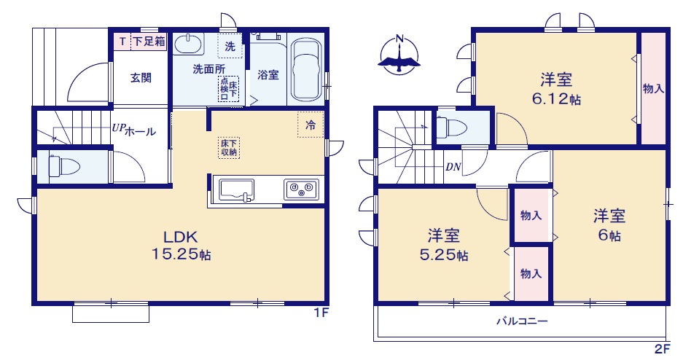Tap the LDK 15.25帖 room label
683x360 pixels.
181,246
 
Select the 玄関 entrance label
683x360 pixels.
141,78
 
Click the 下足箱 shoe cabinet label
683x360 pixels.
149,42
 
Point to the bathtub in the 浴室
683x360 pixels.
306,71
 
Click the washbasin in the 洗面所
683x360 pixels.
189,44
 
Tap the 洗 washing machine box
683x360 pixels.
230,46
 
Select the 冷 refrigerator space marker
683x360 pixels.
311,125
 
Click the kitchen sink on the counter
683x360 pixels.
236,190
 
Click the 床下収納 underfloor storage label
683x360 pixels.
229,148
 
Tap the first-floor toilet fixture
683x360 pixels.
64,166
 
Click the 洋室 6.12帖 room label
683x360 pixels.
556,89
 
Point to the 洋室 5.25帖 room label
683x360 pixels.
443,245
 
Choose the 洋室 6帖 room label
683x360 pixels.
609,225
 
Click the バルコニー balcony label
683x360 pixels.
522,321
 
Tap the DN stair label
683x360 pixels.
453,167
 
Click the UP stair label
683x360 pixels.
119,128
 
